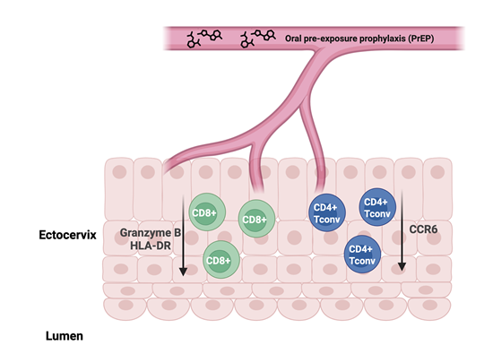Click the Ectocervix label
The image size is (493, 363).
(67, 235)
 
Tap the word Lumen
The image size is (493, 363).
(65, 336)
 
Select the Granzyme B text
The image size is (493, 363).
(151, 233)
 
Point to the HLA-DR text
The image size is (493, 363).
(151, 246)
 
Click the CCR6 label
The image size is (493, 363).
(423, 229)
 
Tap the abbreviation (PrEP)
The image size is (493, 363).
(421, 39)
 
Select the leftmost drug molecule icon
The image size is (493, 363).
(204, 39)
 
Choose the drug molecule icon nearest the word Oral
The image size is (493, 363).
(258, 39)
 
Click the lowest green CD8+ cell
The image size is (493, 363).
(221, 260)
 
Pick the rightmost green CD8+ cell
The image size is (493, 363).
(256, 219)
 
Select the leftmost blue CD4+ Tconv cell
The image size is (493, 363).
(327, 212)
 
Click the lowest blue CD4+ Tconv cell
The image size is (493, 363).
(362, 255)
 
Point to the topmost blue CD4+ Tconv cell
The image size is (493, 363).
(377, 207)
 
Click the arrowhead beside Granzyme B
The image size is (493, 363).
(183, 272)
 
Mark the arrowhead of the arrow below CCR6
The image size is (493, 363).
(402, 266)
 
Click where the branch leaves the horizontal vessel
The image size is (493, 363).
(321, 50)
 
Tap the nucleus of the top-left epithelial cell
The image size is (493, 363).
(119, 172)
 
